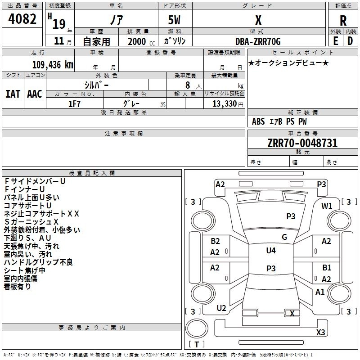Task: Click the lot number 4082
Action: [x=22, y=19]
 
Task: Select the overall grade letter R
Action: [x=343, y=21]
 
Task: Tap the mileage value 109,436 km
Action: [x=53, y=64]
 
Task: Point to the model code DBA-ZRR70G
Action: [x=258, y=41]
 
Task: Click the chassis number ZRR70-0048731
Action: [x=302, y=143]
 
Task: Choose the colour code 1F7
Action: [x=74, y=104]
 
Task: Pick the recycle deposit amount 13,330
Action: [x=224, y=103]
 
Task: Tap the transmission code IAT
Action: [x=13, y=94]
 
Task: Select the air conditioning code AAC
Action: [x=35, y=94]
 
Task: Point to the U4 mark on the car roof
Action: [x=271, y=250]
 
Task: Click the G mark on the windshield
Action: [x=284, y=237]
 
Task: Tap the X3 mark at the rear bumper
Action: [x=320, y=332]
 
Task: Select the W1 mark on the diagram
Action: [x=327, y=206]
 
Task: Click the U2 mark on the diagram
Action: [x=221, y=308]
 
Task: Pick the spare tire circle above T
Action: [x=197, y=328]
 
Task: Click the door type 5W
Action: [x=174, y=20]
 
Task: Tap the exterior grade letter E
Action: [x=336, y=41]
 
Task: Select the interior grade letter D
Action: [x=350, y=41]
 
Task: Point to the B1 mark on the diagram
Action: [x=327, y=267]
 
